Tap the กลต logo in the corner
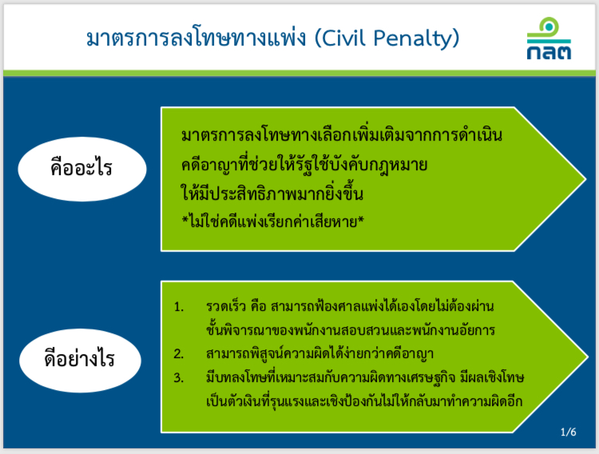coord(549,38)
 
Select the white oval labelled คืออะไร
coord(82,169)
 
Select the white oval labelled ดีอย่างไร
coord(80,360)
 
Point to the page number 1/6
coord(568,432)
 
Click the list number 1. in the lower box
coord(179,307)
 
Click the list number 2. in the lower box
coord(179,354)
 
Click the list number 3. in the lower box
coord(179,378)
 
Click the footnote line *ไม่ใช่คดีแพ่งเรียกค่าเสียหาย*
coord(273,221)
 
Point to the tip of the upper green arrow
coord(585,178)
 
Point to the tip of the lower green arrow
coord(587,356)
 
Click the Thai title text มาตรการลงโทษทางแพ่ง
coord(196,38)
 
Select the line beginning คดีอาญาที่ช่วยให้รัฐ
coord(304,165)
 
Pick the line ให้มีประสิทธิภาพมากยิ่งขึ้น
coord(272,193)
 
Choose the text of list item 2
coord(319,353)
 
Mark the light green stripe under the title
coord(299,73)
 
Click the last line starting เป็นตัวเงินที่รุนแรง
coord(364,401)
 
